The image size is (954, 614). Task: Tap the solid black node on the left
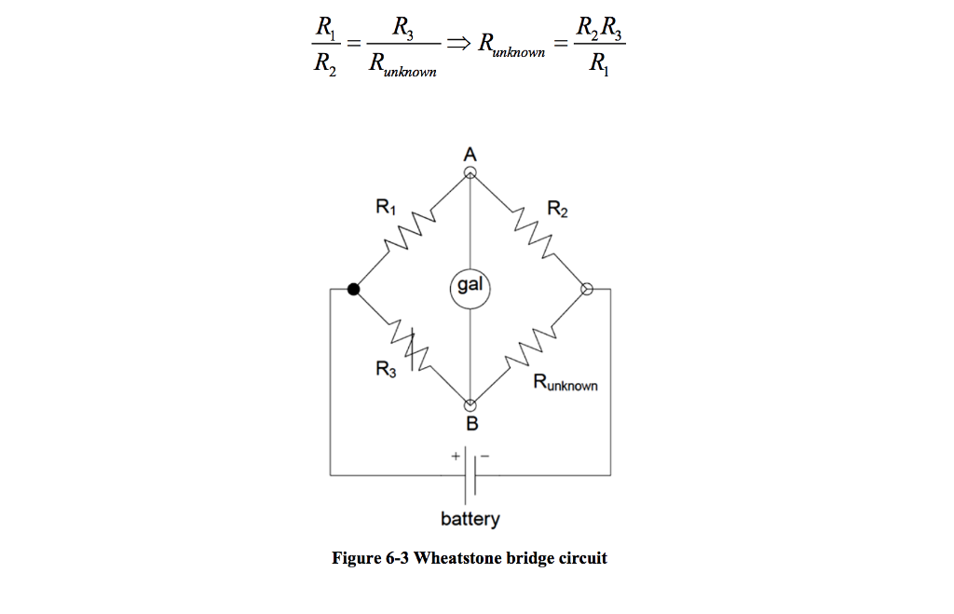pyautogui.click(x=353, y=289)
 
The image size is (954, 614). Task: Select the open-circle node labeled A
pyautogui.click(x=470, y=171)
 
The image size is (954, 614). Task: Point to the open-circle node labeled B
pyautogui.click(x=470, y=405)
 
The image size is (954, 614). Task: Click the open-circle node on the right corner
pyautogui.click(x=587, y=289)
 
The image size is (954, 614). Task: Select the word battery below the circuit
pyautogui.click(x=470, y=519)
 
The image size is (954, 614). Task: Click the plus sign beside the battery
pyautogui.click(x=456, y=457)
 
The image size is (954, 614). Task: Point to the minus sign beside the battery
pyautogui.click(x=484, y=457)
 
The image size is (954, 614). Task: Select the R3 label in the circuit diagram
pyautogui.click(x=385, y=370)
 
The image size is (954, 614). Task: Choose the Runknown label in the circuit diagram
pyautogui.click(x=566, y=383)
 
